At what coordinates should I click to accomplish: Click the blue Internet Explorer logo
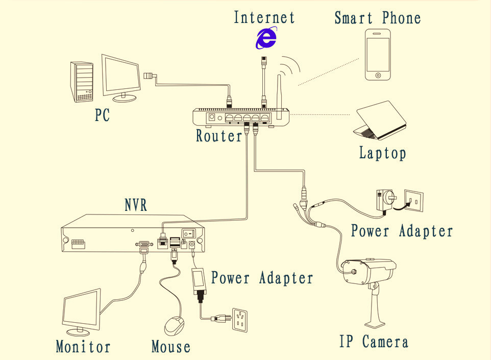coord(266,38)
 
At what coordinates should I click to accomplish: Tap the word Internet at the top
coord(264,17)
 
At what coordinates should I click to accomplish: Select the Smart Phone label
coord(377,18)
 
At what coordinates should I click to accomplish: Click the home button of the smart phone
coord(378,75)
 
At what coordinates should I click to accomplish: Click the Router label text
coord(219,136)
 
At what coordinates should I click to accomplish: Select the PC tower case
coord(82,82)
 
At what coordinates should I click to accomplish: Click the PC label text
coord(102,115)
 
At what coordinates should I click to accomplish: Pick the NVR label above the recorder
coord(136,205)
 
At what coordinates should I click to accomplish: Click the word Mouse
coord(170,347)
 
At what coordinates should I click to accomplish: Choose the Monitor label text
coord(83,347)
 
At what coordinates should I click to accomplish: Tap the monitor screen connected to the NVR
coord(81,308)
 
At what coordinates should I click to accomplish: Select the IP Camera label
coord(374,342)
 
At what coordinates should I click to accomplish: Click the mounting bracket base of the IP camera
coord(378,321)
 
